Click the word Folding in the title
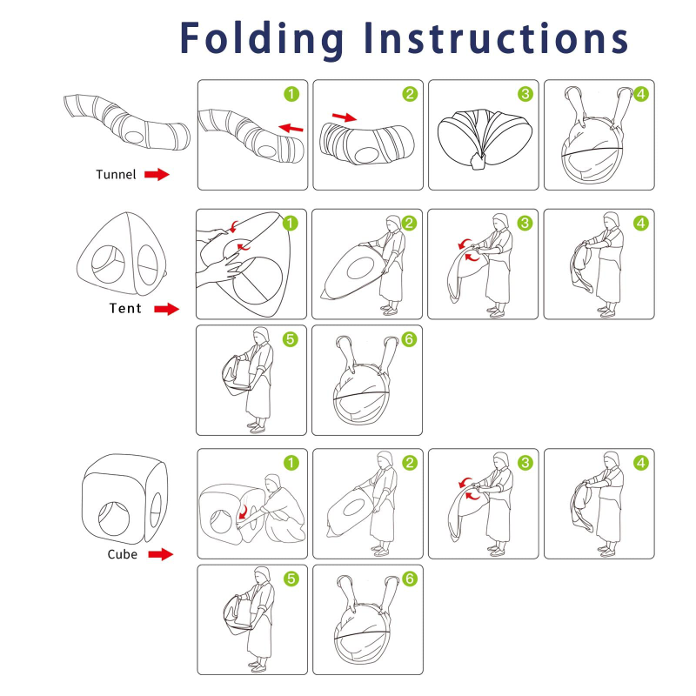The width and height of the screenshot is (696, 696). tap(262, 40)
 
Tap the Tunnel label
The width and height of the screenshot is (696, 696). tap(116, 175)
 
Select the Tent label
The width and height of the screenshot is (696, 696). tap(125, 308)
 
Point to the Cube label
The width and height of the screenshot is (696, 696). tap(122, 554)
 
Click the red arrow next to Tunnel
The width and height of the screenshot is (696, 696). tap(157, 175)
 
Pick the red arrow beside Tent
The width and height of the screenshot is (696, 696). tap(166, 309)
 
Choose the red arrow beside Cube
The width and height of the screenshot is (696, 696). tap(161, 554)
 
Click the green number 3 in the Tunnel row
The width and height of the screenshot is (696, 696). tap(525, 94)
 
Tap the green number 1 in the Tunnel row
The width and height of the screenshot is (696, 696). tap(291, 94)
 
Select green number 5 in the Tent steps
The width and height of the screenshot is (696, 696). tap(291, 339)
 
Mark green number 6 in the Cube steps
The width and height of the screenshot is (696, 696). tap(410, 579)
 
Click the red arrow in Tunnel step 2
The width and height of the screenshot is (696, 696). tap(345, 117)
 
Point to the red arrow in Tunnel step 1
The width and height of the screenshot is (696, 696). tap(291, 128)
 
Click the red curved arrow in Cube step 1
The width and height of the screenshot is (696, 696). tap(244, 512)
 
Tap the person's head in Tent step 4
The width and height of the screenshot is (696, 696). tap(612, 220)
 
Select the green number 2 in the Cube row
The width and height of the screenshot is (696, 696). tap(410, 463)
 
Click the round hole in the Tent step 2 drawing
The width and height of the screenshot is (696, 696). tap(359, 270)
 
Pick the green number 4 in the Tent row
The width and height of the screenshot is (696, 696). tap(641, 224)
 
